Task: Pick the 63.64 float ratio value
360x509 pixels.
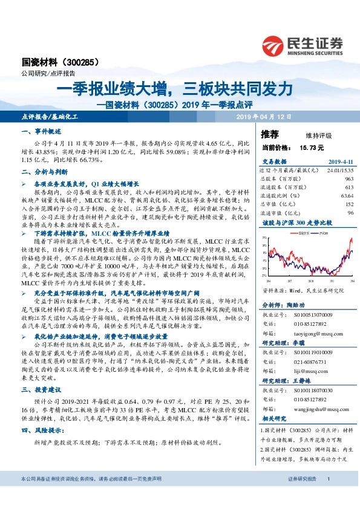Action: point(346,196)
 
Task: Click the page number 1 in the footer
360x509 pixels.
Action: point(327,496)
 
